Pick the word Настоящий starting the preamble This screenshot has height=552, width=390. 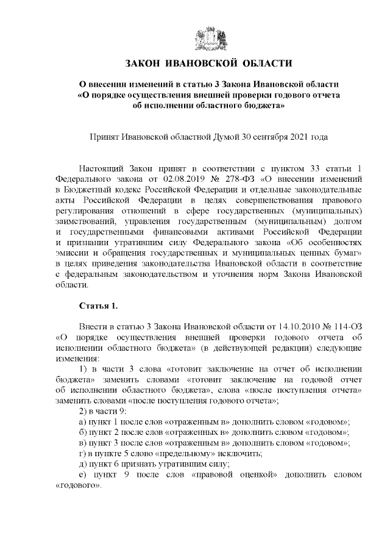click(x=102, y=169)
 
